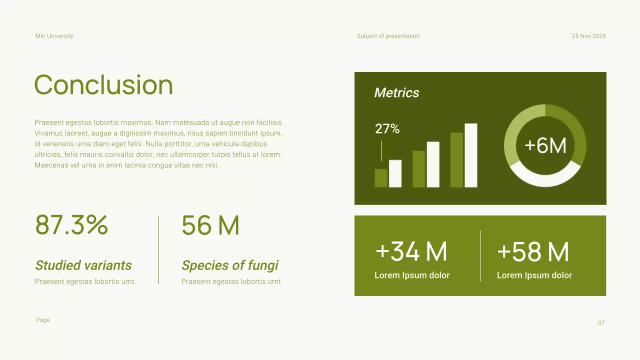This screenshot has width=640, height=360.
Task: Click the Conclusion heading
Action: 103,85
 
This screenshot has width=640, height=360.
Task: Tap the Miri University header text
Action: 54,36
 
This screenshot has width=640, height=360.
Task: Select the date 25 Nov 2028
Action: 588,36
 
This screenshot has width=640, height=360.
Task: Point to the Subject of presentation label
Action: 388,36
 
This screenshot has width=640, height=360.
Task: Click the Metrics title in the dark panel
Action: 396,92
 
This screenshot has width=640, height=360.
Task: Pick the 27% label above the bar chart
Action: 387,129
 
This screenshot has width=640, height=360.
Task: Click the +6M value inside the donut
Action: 545,145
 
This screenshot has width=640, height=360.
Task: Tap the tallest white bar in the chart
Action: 470,155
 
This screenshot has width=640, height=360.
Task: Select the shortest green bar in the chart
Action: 381,178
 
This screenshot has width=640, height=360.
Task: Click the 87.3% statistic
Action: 71,225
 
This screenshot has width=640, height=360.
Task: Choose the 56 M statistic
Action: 210,225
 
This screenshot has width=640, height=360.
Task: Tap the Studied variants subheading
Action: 83,265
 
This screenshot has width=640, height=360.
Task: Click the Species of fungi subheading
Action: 230,265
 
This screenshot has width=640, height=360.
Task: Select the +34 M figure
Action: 411,251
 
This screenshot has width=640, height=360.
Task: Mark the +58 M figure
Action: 533,251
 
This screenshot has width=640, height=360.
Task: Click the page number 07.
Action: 601,323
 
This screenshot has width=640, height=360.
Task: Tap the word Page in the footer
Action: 43,320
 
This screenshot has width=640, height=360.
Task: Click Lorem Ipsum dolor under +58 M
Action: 534,275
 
